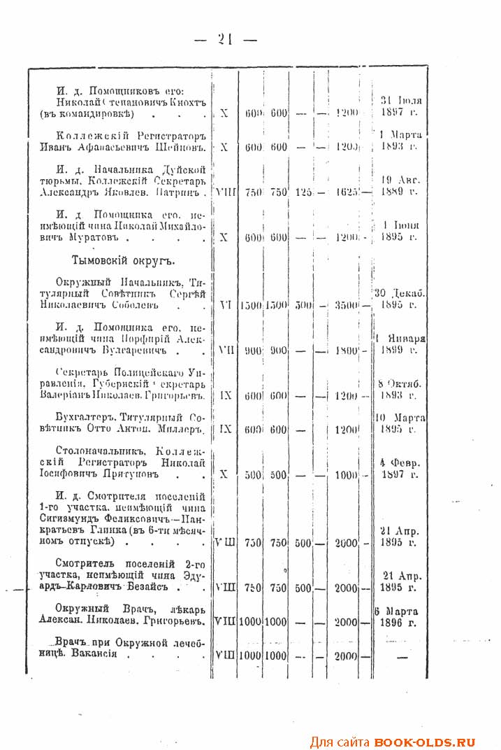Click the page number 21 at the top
[225, 40]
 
